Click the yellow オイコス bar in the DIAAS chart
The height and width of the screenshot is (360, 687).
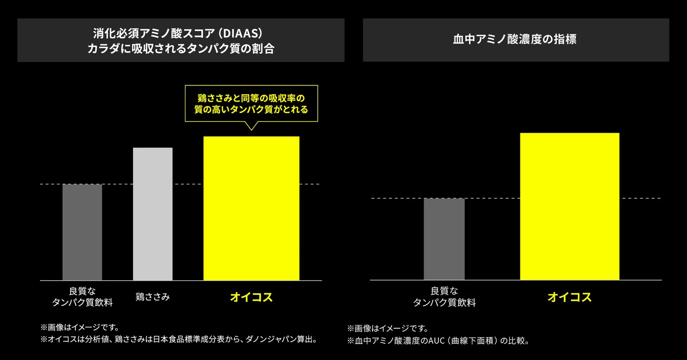click(x=251, y=208)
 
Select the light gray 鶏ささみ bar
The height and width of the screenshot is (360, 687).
click(x=153, y=214)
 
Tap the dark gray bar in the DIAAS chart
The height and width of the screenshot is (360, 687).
click(x=82, y=232)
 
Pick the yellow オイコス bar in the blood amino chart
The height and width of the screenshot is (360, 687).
click(x=569, y=206)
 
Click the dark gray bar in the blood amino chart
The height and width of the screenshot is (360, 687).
click(x=444, y=239)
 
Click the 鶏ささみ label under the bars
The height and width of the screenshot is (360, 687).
click(x=153, y=297)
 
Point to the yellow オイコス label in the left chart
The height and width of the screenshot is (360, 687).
click(x=251, y=297)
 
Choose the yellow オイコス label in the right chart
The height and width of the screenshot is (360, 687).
click(x=569, y=297)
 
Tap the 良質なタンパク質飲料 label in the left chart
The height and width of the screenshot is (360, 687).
click(x=82, y=297)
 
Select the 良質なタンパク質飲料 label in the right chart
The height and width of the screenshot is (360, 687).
click(x=444, y=297)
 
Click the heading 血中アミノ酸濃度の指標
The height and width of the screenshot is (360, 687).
click(x=515, y=39)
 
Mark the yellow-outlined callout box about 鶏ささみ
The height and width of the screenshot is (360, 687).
click(x=251, y=104)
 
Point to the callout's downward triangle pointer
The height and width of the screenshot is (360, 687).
click(x=251, y=126)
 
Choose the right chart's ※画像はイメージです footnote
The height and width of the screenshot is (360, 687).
click(x=388, y=328)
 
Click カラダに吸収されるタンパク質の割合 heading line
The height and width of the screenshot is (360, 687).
click(x=181, y=49)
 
